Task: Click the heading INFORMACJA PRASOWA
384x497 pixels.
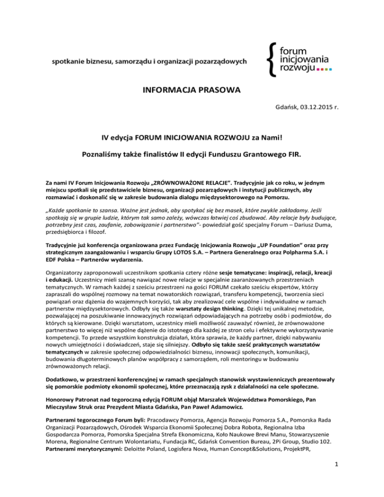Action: (192, 91)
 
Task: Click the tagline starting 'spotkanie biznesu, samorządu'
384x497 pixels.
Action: (150, 61)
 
